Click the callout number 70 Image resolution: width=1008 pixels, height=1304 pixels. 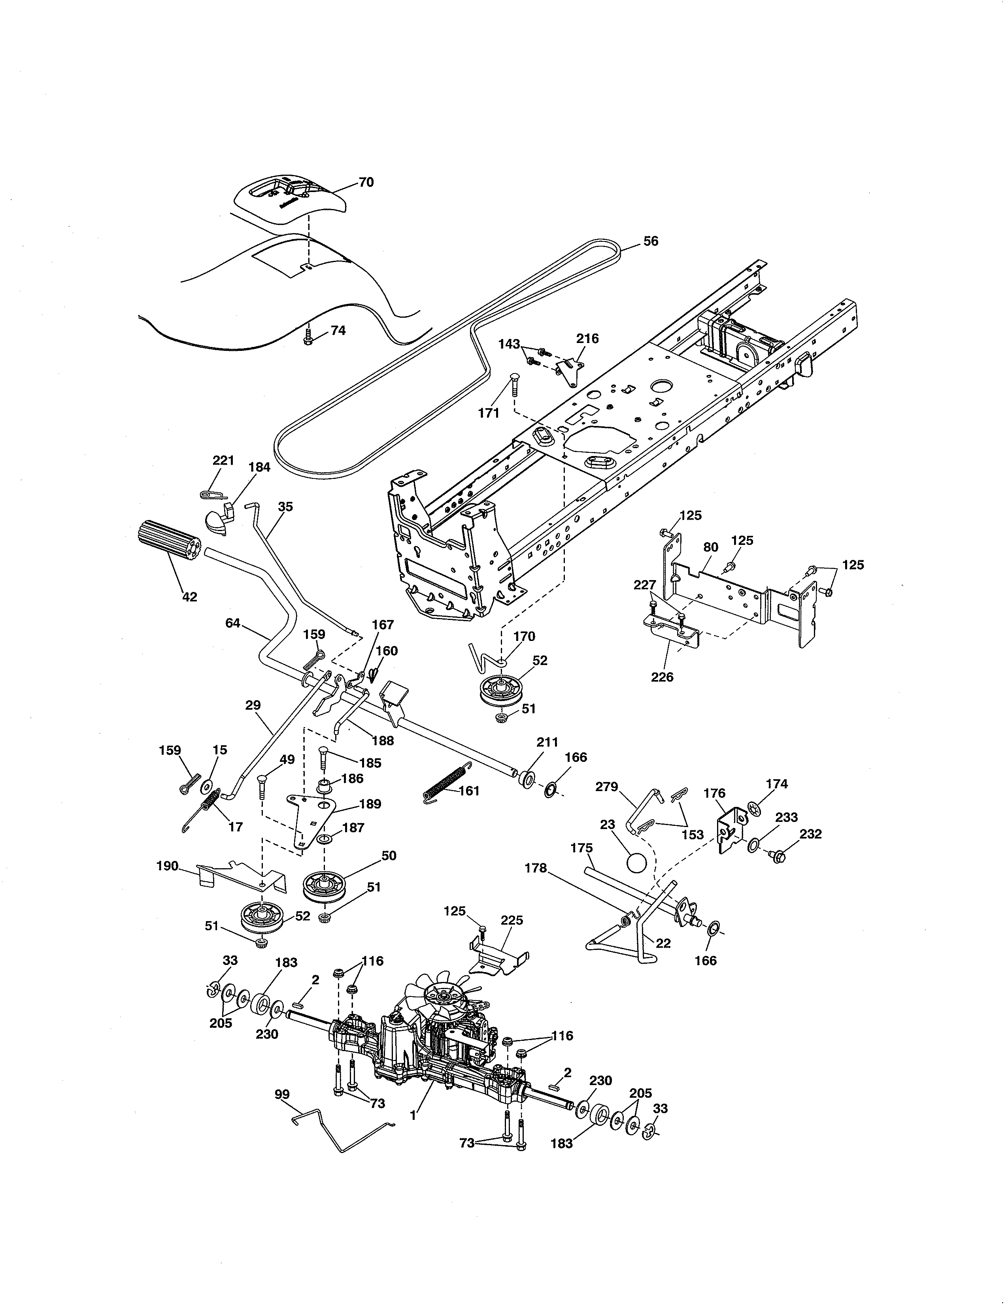point(366,182)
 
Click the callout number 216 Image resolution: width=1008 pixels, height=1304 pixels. point(587,339)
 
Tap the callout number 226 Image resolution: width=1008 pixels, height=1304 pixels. point(662,677)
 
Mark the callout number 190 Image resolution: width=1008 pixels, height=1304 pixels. point(167,866)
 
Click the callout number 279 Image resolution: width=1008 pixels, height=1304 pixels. point(607,787)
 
